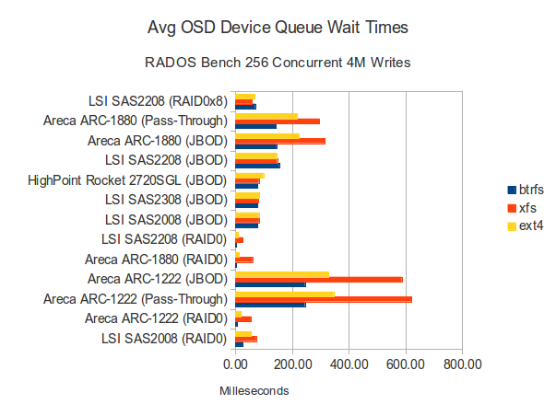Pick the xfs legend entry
click(521, 208)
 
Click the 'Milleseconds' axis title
click(254, 391)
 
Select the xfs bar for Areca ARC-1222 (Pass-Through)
click(324, 299)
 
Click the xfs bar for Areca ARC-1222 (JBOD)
click(319, 279)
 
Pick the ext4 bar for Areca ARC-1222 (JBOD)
click(282, 273)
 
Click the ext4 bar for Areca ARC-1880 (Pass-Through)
click(266, 115)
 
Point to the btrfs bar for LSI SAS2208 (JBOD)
click(258, 166)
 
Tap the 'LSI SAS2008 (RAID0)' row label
click(166, 339)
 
